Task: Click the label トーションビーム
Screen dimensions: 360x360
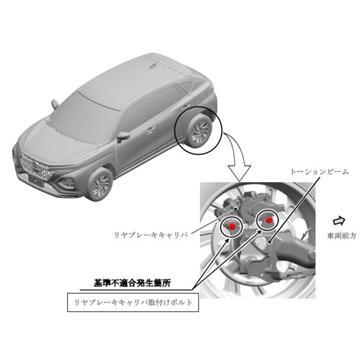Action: (320, 171)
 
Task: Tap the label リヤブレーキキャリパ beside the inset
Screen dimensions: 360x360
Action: (151, 235)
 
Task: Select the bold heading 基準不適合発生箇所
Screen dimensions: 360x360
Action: (132, 283)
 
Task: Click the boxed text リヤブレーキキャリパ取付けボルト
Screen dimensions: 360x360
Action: (133, 302)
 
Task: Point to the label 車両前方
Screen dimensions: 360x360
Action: (342, 235)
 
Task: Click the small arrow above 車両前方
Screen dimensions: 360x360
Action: (339, 221)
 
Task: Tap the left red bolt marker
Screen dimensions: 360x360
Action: (232, 226)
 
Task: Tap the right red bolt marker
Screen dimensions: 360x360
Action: (269, 220)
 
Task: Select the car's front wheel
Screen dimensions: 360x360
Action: (100, 184)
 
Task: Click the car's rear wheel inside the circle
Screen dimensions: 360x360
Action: (199, 131)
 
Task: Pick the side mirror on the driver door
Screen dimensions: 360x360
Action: (123, 137)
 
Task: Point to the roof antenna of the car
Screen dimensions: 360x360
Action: (152, 66)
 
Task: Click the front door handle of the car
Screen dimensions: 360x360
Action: (150, 130)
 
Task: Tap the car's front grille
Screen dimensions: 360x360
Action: (36, 167)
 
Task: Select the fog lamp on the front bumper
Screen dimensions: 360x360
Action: (66, 182)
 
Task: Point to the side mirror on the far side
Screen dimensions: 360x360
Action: (55, 104)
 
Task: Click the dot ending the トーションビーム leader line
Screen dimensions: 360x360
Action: (270, 243)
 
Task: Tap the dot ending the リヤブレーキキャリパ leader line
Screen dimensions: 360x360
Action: (237, 209)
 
